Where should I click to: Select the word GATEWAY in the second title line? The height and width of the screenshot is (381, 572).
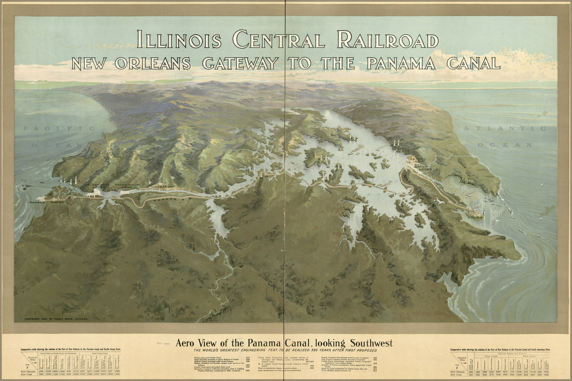[x=240, y=63]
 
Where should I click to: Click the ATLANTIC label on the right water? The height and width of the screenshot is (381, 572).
[x=504, y=129]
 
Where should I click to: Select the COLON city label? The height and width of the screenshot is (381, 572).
[x=475, y=217]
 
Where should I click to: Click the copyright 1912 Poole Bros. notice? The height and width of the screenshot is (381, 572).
[x=56, y=319]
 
